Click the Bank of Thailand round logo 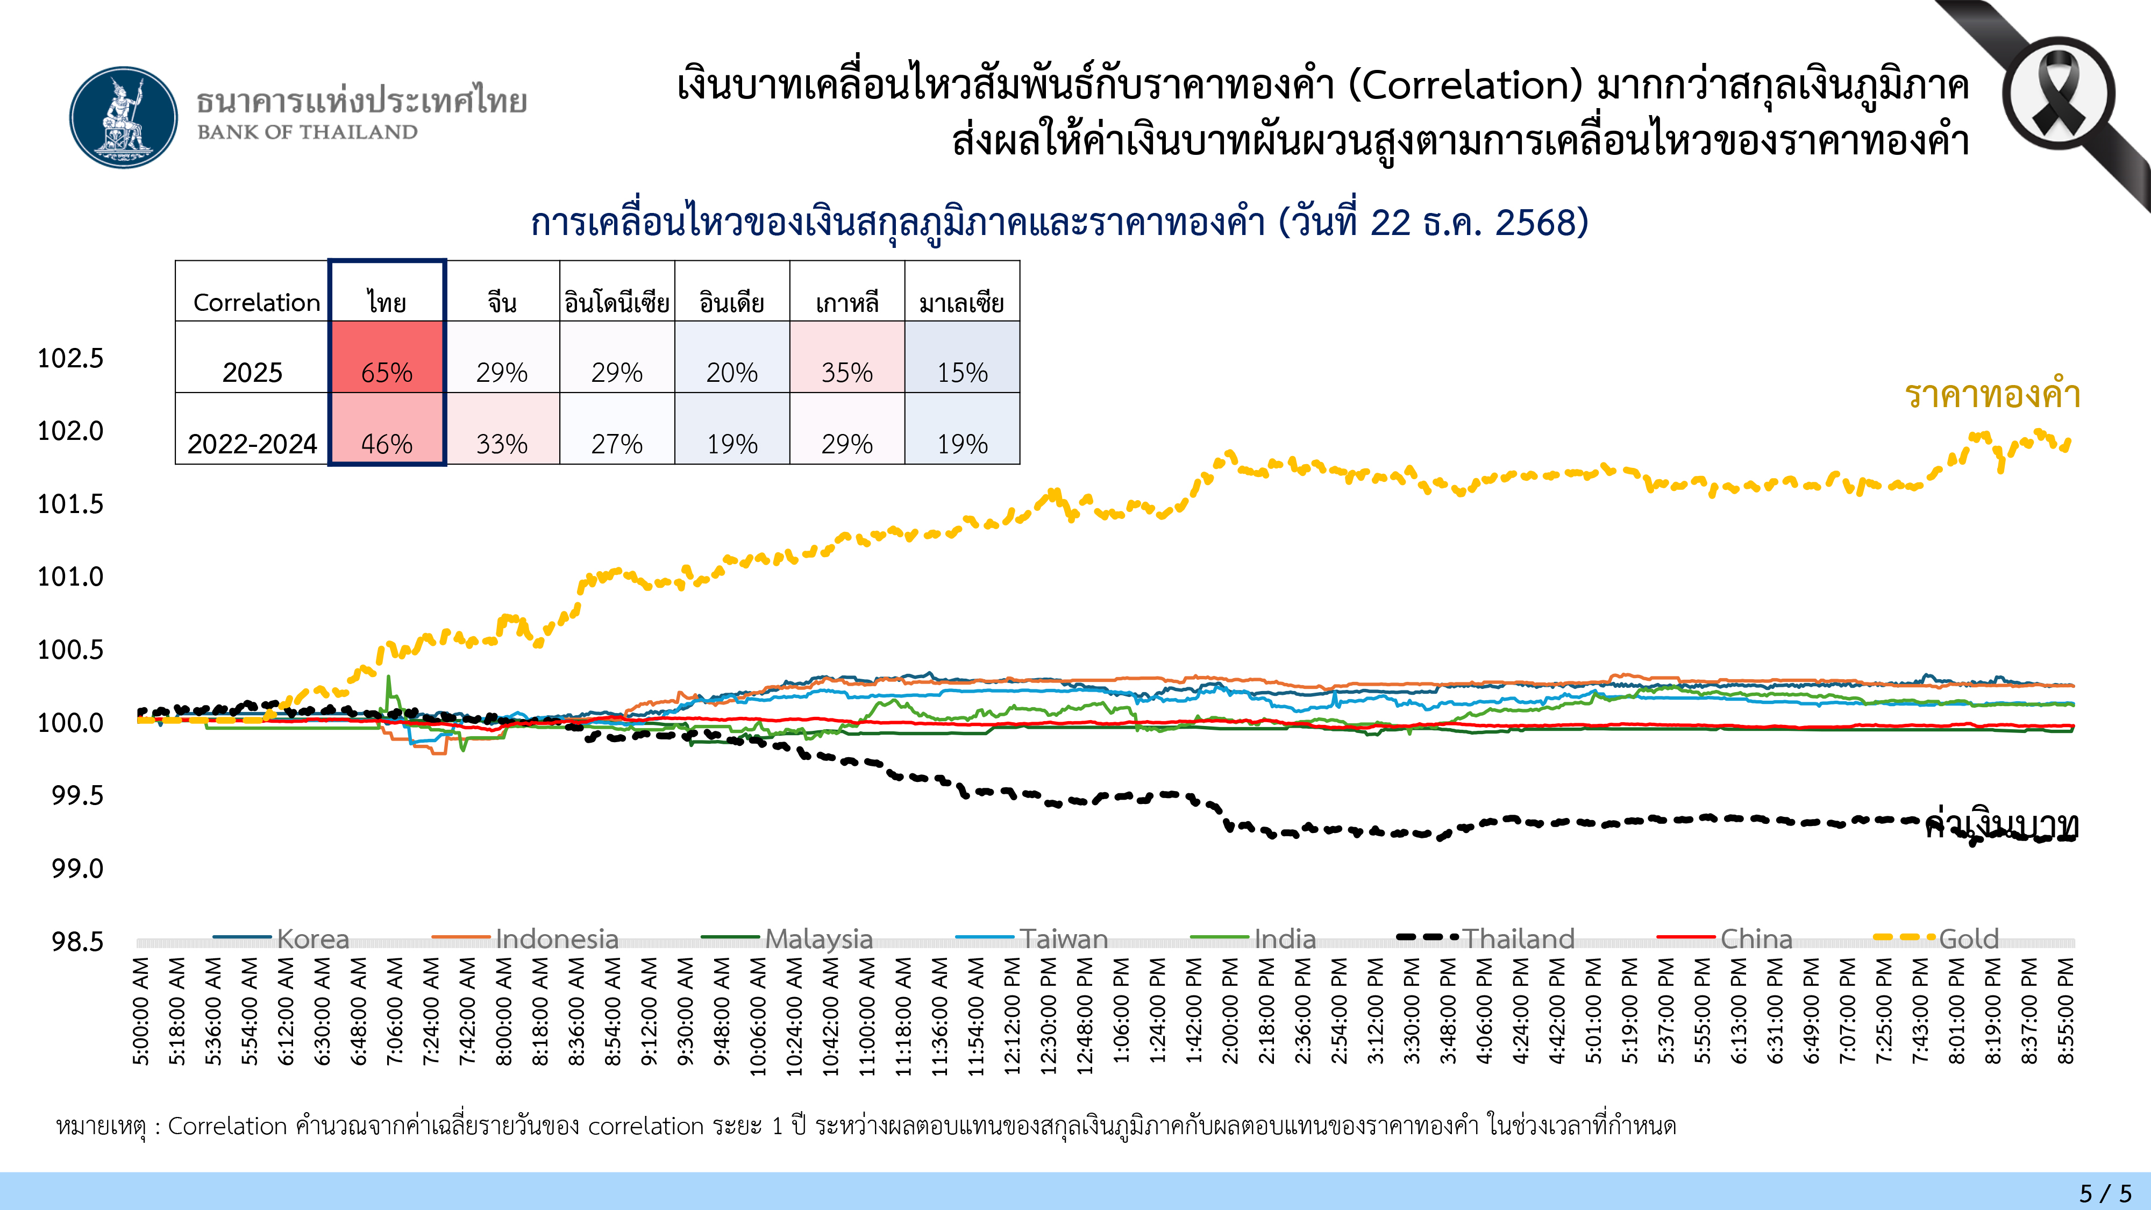coord(124,118)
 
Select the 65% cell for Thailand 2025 coord(387,358)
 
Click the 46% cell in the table coord(387,429)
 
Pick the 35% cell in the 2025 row coord(847,358)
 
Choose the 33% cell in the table coord(502,429)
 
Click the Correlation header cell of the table coord(255,302)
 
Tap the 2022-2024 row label coord(252,443)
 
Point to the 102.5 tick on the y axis coord(71,358)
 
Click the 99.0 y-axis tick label coord(77,869)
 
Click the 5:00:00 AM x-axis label coord(141,1011)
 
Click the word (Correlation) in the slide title coord(1465,85)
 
